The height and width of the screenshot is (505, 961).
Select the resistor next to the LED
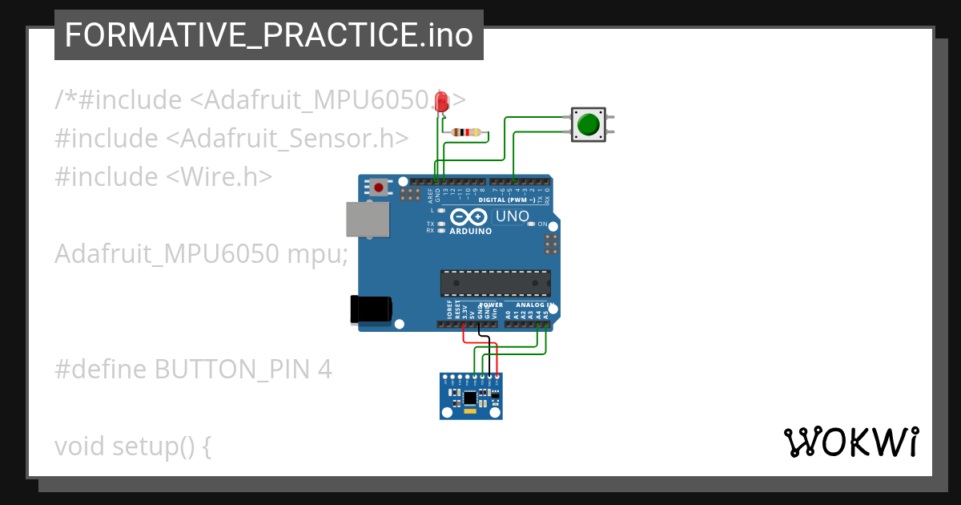[x=466, y=132]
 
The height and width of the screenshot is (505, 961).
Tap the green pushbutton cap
[x=589, y=124]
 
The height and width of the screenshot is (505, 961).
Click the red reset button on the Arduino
[x=378, y=187]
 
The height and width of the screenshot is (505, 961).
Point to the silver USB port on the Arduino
[x=367, y=219]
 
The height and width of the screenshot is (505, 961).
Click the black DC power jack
[x=371, y=309]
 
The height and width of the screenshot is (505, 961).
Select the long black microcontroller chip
[x=495, y=283]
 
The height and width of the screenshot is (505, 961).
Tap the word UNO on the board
[x=513, y=216]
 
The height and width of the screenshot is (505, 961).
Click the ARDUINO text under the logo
[x=470, y=231]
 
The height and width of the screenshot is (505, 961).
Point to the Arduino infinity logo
[x=468, y=217]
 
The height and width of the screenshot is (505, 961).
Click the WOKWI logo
[x=850, y=442]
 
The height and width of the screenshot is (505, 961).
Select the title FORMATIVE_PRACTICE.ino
[x=268, y=35]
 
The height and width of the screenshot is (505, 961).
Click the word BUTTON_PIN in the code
[x=232, y=370]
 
